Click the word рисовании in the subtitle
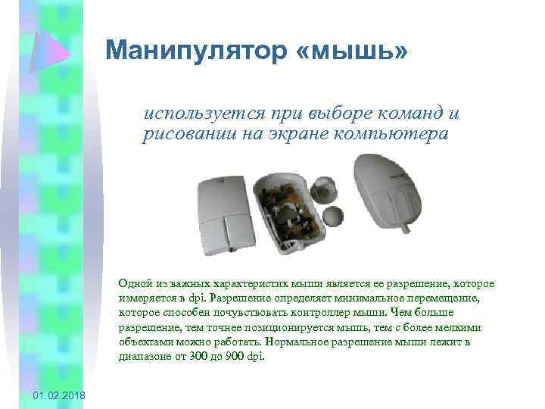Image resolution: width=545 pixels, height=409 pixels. pyautogui.click(x=181, y=134)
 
